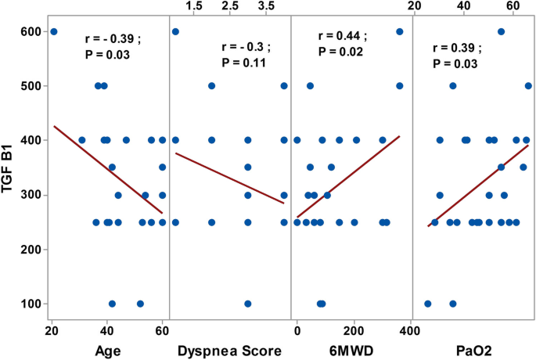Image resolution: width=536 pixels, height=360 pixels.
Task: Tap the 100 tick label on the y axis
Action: pyautogui.click(x=28, y=304)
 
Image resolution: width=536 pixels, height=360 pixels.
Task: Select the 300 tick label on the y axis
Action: pyautogui.click(x=28, y=195)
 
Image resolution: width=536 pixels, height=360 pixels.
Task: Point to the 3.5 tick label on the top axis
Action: pyautogui.click(x=267, y=6)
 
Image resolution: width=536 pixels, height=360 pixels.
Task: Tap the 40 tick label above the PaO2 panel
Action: pyautogui.click(x=464, y=6)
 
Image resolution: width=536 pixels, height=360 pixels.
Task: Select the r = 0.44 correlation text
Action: pyautogui.click(x=342, y=36)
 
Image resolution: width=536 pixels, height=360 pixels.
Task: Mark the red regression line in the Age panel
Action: pyautogui.click(x=108, y=169)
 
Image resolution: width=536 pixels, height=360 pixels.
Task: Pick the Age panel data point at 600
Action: pyautogui.click(x=53, y=31)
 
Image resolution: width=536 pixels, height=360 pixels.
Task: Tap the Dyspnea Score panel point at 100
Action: pyautogui.click(x=248, y=304)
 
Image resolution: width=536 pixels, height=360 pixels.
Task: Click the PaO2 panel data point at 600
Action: pyautogui.click(x=501, y=31)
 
